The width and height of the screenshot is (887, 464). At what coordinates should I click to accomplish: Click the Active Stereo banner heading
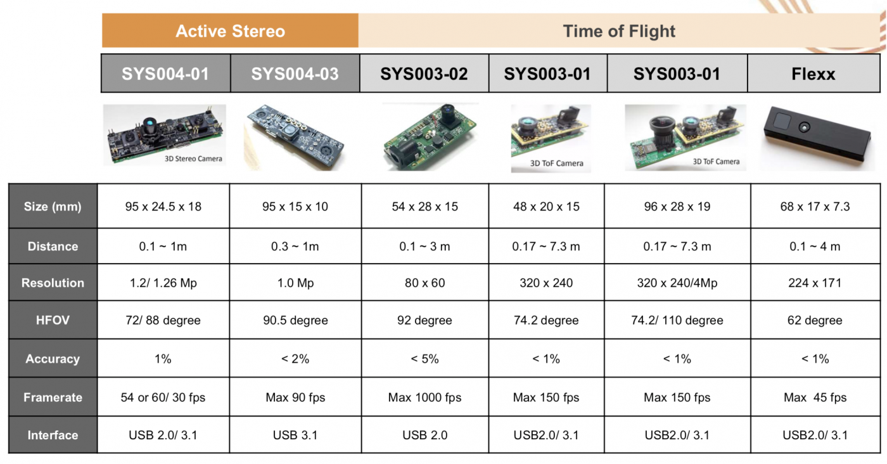[230, 31]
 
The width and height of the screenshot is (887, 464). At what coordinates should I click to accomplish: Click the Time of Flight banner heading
[619, 31]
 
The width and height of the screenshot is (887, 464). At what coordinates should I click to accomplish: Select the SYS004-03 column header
[295, 74]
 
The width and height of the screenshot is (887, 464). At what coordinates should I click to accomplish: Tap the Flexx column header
[814, 74]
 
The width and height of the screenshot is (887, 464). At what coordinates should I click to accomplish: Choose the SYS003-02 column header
[424, 74]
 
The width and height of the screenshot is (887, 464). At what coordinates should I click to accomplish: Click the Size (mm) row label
[53, 207]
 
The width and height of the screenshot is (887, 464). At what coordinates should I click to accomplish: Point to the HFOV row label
[53, 319]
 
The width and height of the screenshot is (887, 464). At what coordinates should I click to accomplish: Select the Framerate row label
[53, 397]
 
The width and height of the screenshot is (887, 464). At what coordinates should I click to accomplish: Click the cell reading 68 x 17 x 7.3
[815, 207]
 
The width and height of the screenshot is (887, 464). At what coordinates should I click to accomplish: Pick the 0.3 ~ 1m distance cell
[295, 247]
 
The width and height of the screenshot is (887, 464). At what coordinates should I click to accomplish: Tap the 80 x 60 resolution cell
[425, 283]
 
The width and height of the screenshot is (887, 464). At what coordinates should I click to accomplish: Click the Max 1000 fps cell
[425, 397]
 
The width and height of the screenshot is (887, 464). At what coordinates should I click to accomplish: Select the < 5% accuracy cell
[425, 359]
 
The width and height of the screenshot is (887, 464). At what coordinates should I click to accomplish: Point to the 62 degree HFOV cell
[815, 319]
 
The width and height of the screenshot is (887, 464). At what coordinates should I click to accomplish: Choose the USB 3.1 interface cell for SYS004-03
[295, 435]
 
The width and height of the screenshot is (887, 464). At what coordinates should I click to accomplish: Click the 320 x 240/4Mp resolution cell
[677, 283]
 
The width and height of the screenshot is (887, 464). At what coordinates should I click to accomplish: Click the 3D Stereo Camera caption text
[193, 158]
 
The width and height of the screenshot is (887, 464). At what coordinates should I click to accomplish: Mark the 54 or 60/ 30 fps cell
[163, 397]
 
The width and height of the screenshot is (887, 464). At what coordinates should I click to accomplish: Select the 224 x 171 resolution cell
[815, 283]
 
